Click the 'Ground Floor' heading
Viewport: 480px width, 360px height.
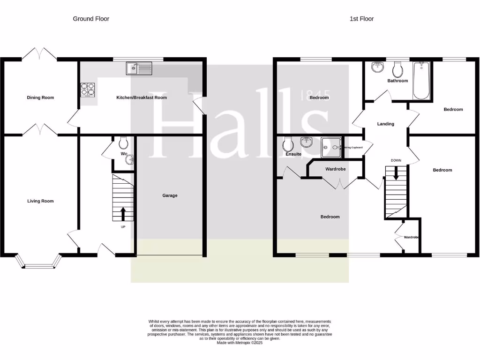coord(91,19)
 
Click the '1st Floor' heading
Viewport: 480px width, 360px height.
coord(361,19)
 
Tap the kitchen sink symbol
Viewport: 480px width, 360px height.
coord(139,69)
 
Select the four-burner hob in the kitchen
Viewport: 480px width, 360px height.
coord(87,89)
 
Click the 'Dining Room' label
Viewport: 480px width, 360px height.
coord(40,97)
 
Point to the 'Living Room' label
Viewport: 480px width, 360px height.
coord(40,201)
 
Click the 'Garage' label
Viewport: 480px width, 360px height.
coord(170,195)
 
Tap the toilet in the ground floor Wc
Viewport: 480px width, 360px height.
coord(124,142)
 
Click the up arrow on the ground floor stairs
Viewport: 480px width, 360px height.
coord(123,214)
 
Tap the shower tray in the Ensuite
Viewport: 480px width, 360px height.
coord(331,147)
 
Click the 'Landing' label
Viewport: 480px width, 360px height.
coord(386,124)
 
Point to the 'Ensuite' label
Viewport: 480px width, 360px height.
coord(293,154)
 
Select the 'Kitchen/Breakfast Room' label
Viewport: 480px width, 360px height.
coord(142,97)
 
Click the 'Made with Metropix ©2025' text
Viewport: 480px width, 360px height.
coord(240,343)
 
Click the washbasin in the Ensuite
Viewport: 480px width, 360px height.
coord(307,142)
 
